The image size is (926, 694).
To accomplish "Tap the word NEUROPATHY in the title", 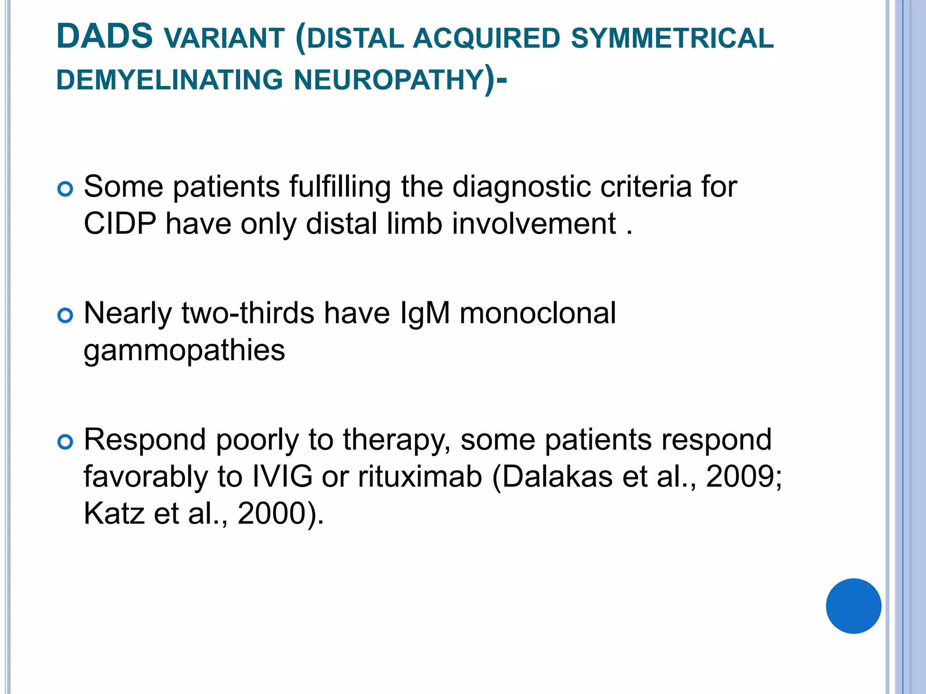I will point(389,80).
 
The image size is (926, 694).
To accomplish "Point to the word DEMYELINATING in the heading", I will point(170,80).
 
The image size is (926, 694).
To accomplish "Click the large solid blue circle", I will point(853,606).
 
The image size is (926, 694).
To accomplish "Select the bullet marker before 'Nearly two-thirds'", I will point(66,315).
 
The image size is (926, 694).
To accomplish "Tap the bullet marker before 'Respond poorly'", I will point(66,442).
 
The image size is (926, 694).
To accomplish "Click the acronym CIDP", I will point(120,223).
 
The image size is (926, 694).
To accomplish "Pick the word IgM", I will point(425,313).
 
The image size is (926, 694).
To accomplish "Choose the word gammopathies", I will point(184,350).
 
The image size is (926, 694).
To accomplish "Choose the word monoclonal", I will point(538,313).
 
